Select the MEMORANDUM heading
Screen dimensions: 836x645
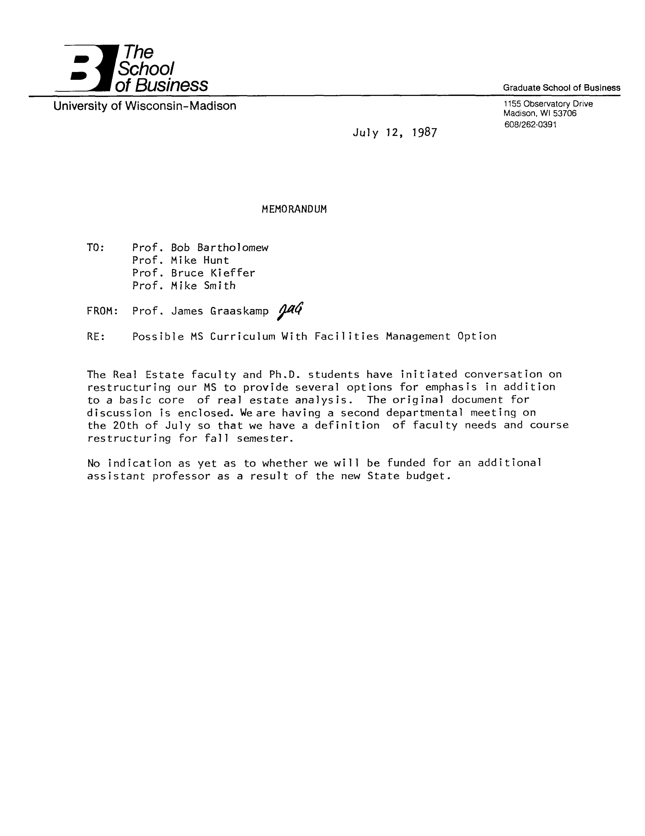(294, 209)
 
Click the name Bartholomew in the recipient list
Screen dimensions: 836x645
(233, 248)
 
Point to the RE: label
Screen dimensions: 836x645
(96, 336)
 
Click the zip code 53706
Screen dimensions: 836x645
(565, 113)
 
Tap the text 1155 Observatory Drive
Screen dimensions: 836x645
(548, 104)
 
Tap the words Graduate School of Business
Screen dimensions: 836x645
(561, 88)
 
